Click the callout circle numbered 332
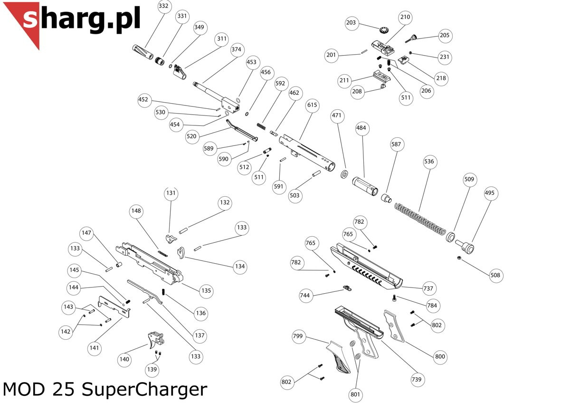click(163, 6)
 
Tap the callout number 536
click(429, 162)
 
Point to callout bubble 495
click(490, 193)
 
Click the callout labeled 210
click(405, 17)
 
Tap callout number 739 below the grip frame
click(417, 379)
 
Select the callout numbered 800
click(440, 356)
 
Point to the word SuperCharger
click(144, 390)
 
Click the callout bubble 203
click(351, 23)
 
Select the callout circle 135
click(206, 290)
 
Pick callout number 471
click(337, 115)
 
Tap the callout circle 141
click(95, 348)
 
